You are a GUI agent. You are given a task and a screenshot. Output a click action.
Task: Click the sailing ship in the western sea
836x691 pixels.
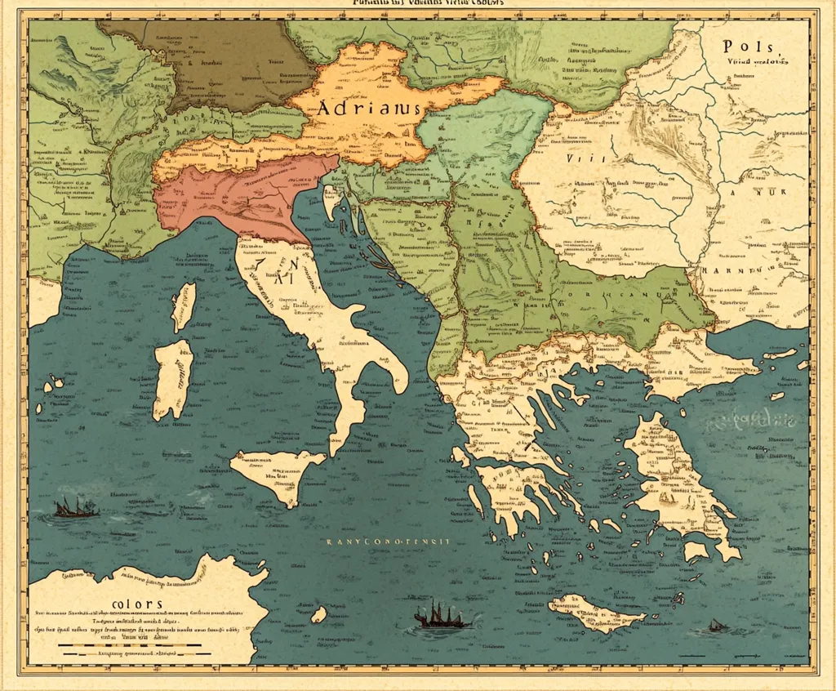coord(75,508)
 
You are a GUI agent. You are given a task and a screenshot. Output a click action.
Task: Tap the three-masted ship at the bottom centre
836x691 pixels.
coord(442,616)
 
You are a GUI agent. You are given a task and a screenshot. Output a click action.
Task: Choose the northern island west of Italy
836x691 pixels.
coord(184,306)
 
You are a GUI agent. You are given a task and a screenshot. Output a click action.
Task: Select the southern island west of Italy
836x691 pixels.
coord(172,378)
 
